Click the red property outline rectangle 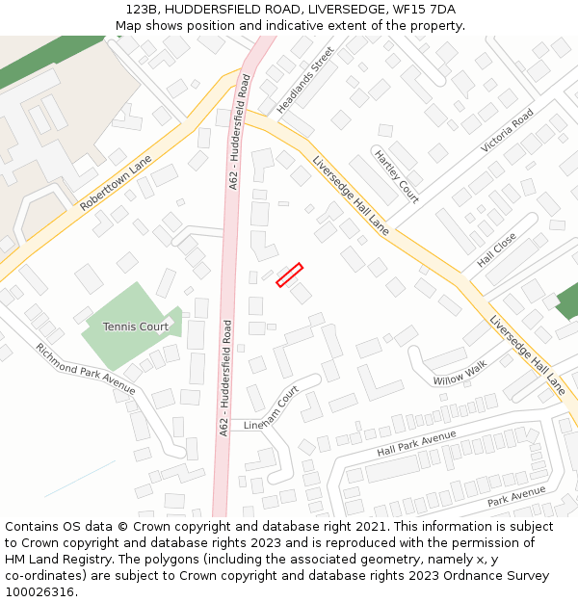289,275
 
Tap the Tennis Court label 136,327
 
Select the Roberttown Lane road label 116,184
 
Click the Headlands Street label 305,80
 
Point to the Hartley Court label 396,176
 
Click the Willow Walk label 460,373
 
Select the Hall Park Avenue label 416,444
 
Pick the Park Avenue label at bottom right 516,496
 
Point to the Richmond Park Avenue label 86,368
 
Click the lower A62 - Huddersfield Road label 225,378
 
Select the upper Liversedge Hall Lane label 351,196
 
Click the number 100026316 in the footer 41,591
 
